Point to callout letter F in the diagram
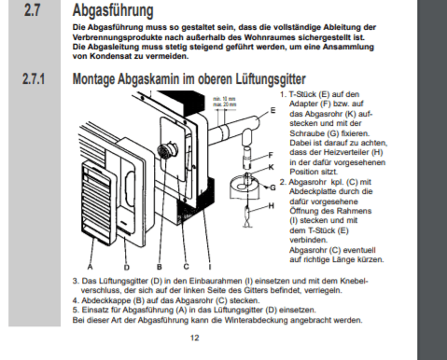click(x=270, y=154)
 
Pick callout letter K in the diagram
click(x=270, y=167)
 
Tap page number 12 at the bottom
click(x=194, y=339)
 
